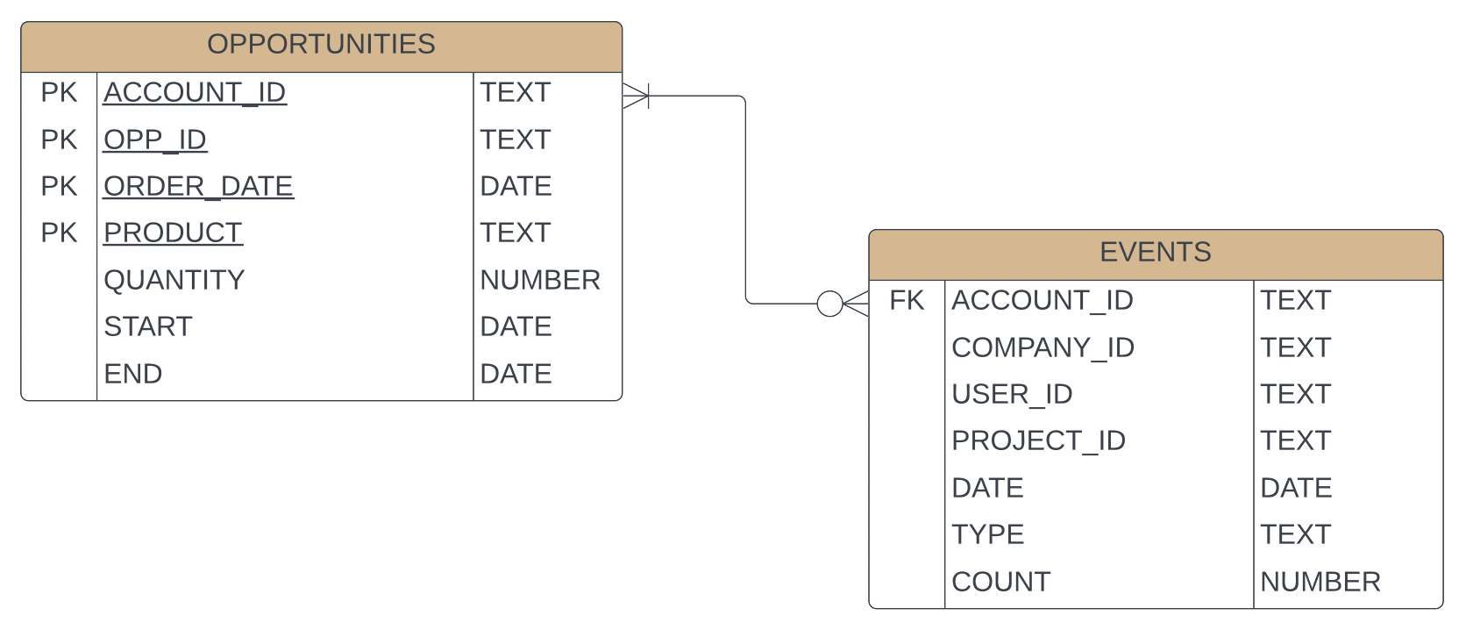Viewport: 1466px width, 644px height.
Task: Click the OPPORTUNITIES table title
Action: tap(321, 44)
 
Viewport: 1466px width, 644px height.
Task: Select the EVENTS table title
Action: tap(1155, 253)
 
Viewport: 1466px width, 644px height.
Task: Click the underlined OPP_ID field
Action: tap(155, 140)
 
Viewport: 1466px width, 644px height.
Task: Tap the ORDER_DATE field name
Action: tap(198, 186)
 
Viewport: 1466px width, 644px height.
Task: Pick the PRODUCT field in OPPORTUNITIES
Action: tap(173, 233)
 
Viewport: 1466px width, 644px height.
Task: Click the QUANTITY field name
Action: tap(174, 280)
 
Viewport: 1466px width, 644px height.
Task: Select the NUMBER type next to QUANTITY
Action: tap(540, 280)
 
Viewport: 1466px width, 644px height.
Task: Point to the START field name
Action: tap(147, 326)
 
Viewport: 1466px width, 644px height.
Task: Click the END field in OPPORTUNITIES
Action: tap(132, 374)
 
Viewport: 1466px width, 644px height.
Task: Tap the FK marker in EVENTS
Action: tap(907, 301)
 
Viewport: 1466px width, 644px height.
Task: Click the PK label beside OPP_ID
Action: tap(59, 140)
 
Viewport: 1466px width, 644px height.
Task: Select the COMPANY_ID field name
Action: tap(1043, 347)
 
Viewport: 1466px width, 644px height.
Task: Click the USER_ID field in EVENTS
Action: tap(1012, 395)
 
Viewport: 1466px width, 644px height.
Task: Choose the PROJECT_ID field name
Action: tap(1038, 440)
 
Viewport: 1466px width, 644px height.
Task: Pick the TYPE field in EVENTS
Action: tap(987, 534)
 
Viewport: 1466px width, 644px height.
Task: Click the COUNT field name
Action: tap(1000, 582)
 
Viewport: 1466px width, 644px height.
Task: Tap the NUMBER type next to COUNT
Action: tap(1320, 582)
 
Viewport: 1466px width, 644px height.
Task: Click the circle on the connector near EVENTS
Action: tap(829, 304)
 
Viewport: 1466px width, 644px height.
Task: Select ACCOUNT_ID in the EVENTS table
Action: tap(1042, 301)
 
